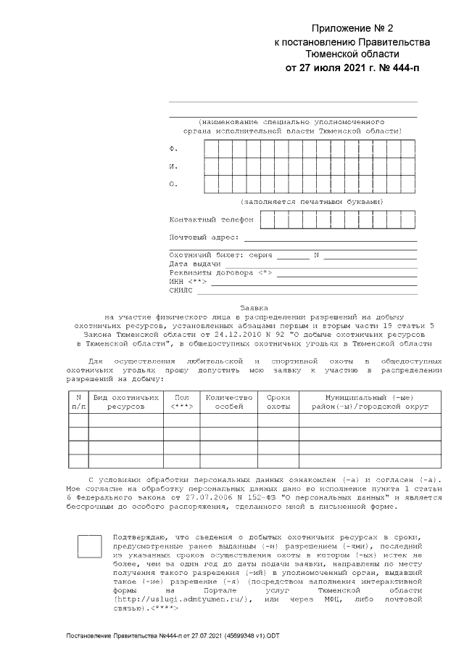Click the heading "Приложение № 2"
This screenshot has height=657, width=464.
(x=352, y=28)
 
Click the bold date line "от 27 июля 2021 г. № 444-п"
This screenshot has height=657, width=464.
(x=352, y=68)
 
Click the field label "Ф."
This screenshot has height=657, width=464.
(x=173, y=148)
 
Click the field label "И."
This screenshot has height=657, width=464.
(x=173, y=166)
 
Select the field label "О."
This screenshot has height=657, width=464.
(x=173, y=184)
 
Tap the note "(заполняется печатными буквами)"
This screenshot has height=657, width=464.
(x=312, y=201)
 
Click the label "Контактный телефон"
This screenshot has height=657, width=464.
(x=211, y=219)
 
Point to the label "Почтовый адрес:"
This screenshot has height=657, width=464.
(x=204, y=237)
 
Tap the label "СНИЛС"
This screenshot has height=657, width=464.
(x=181, y=290)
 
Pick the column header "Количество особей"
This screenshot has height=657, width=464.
(x=229, y=402)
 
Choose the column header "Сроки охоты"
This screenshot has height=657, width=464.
(x=278, y=402)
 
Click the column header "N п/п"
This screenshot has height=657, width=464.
(x=78, y=402)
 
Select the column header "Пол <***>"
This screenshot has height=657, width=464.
(x=182, y=402)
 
